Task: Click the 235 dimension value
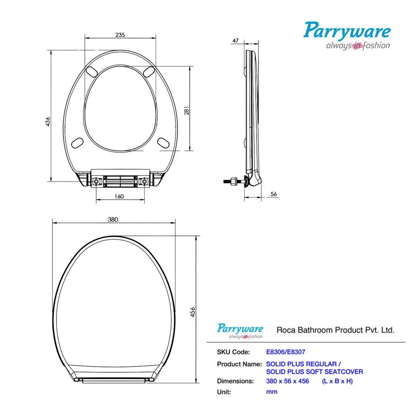click(x=120, y=35)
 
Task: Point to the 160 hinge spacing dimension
click(x=119, y=196)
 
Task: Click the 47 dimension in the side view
click(x=236, y=40)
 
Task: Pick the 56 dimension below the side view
click(x=273, y=194)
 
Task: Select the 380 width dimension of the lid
click(x=113, y=219)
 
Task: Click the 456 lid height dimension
click(x=193, y=311)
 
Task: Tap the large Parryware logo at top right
click(x=347, y=35)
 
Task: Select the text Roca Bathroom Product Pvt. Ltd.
click(x=335, y=330)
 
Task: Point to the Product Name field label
click(x=239, y=364)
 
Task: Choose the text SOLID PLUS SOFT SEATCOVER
click(x=315, y=371)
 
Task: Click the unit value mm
click(x=271, y=392)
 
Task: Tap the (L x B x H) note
click(x=337, y=381)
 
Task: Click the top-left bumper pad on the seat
click(x=92, y=71)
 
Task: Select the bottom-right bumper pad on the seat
click(x=163, y=142)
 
